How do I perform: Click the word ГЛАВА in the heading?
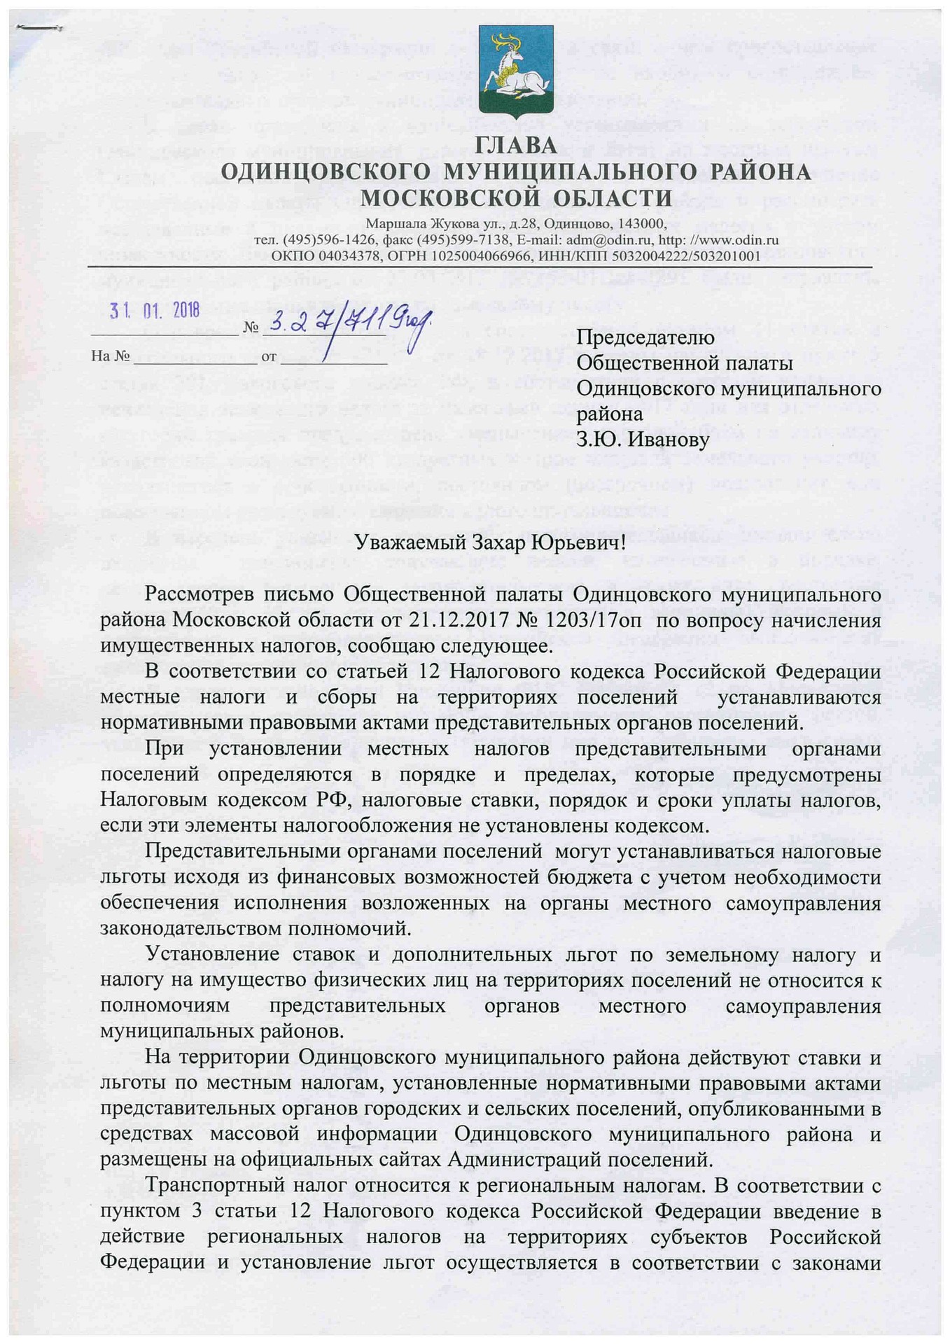(516, 146)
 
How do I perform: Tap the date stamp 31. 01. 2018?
(155, 309)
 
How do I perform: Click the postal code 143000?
(638, 223)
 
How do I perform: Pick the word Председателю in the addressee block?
(645, 337)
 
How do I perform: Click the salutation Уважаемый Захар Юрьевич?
(489, 542)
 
